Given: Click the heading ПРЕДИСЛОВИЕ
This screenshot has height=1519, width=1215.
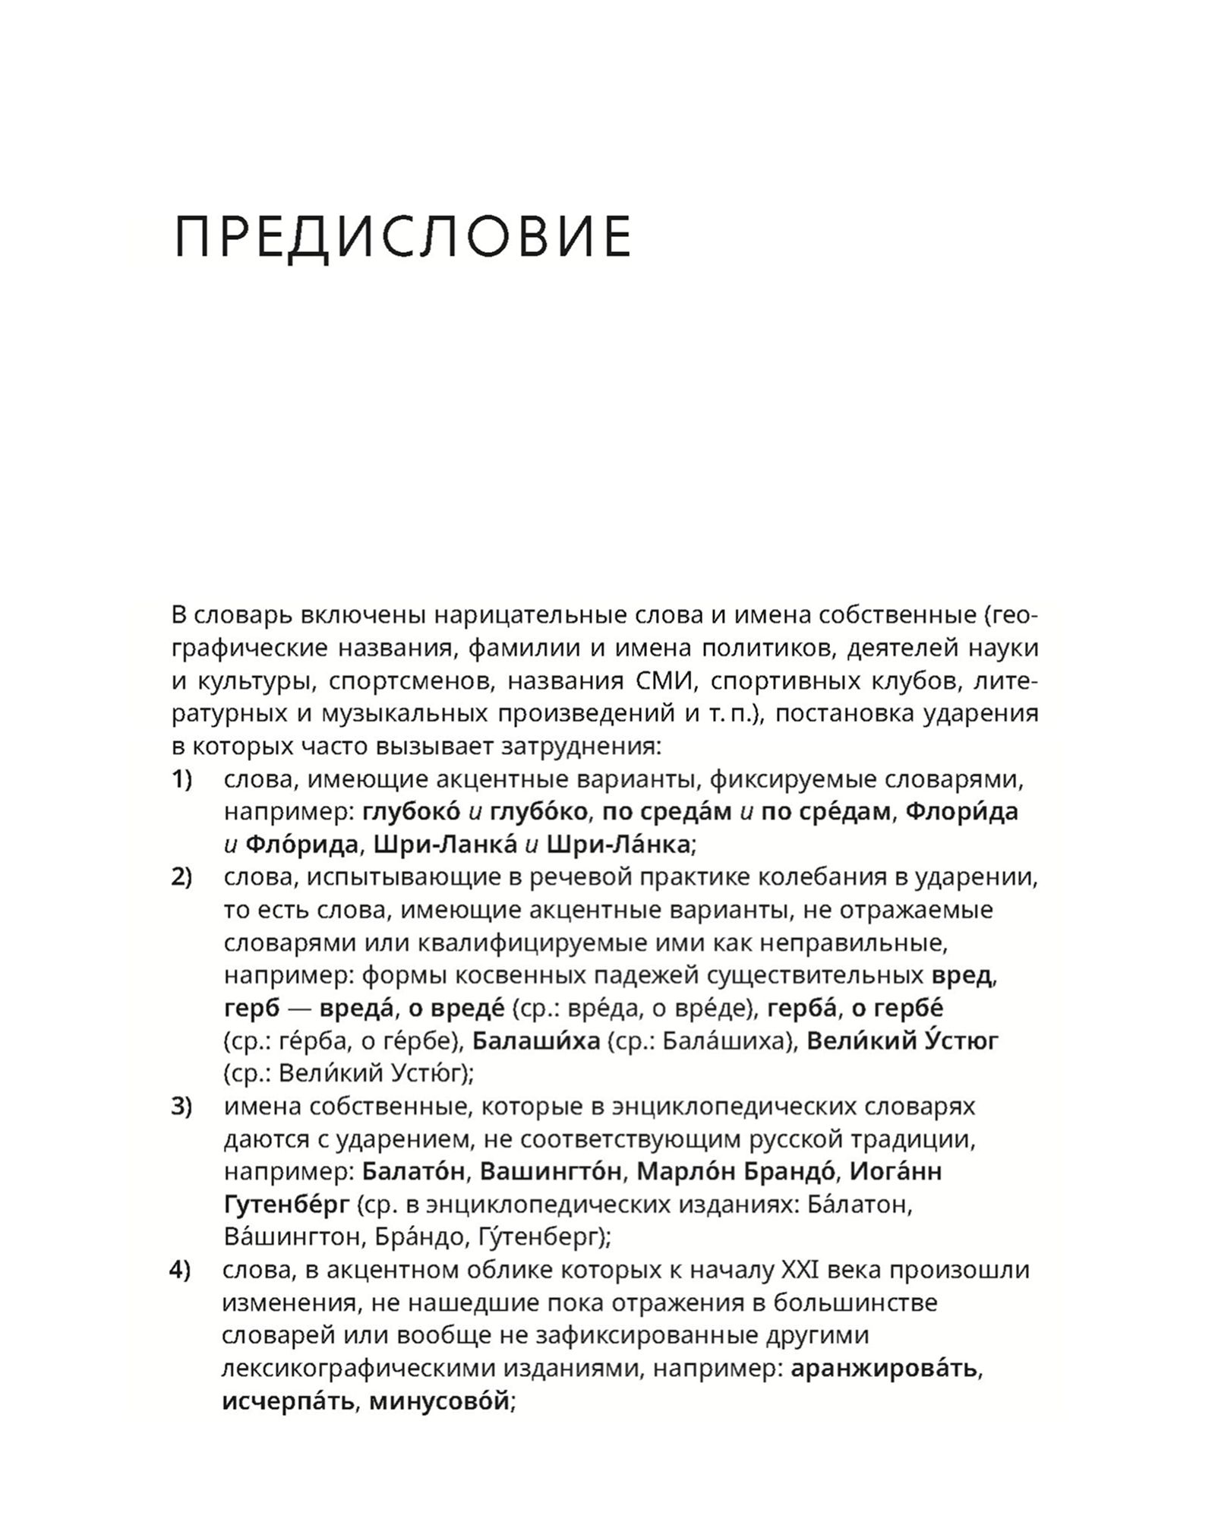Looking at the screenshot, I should point(402,238).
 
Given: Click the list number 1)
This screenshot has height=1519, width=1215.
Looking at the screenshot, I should point(182,779).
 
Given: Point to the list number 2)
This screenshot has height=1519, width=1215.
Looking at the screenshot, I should point(182,877).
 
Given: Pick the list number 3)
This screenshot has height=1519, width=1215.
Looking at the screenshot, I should point(182,1107).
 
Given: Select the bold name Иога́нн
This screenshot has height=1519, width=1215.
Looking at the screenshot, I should point(896,1171).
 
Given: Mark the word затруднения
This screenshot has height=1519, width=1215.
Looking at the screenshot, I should point(582,747).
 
